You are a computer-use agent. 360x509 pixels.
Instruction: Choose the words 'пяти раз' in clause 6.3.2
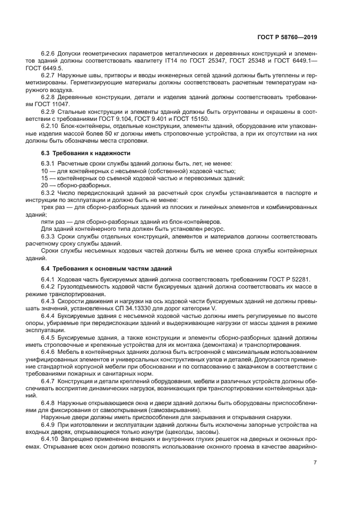click(x=52, y=222)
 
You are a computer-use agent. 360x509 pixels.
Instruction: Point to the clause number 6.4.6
click(x=49, y=352)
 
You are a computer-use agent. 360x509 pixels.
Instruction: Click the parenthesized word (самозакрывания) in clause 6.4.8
click(x=171, y=410)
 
